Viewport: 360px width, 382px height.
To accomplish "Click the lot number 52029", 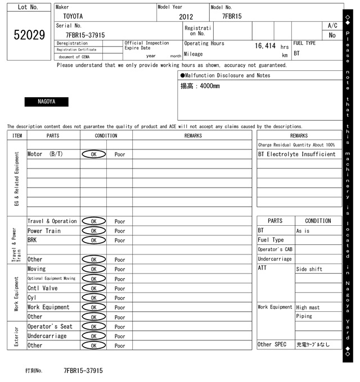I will pos(29,35).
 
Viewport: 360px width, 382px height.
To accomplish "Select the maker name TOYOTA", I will pos(73,16).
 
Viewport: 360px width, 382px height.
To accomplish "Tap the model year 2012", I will pos(186,17).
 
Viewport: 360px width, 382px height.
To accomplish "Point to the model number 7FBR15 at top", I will pos(232,16).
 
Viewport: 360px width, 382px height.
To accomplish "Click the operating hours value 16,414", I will pos(265,46).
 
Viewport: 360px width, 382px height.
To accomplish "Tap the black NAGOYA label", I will pos(46,102).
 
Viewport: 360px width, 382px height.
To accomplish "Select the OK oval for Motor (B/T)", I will pos(93,154).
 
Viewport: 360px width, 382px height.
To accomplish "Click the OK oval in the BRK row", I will pos(93,240).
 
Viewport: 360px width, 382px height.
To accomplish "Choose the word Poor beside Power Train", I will pos(120,231).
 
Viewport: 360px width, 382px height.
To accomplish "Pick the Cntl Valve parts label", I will pos(43,288).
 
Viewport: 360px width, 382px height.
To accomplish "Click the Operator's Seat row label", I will pos(50,326).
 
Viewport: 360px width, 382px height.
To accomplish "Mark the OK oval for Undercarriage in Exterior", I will pos(93,336).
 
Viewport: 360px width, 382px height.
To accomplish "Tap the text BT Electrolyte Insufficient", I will pos(296,154).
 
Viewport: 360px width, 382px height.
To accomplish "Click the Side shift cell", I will pos(309,269).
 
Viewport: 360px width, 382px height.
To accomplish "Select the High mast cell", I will pos(308,307).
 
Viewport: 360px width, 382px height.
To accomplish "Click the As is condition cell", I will pos(303,231).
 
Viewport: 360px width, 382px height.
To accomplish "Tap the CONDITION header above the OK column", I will pos(106,135).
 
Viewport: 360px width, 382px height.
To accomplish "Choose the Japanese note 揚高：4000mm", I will pos(200,87).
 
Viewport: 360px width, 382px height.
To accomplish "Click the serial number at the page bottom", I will pos(83,371).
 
